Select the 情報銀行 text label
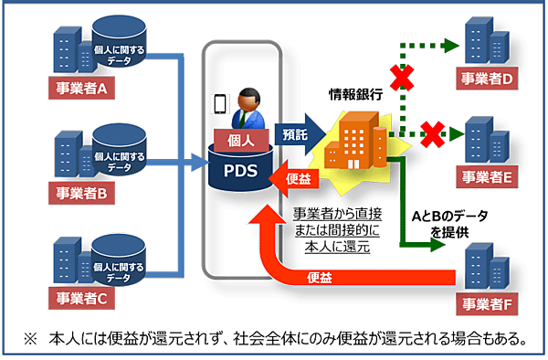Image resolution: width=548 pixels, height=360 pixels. pyautogui.click(x=356, y=94)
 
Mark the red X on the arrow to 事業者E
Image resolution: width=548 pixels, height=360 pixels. pyautogui.click(x=428, y=134)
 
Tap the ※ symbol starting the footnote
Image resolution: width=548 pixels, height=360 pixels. pyautogui.click(x=30, y=339)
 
